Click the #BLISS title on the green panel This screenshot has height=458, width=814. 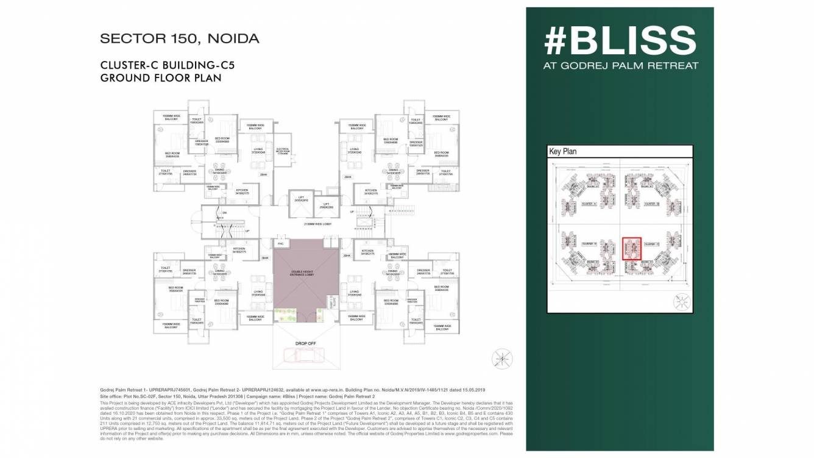[620, 41]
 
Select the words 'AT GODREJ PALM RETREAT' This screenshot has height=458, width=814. [620, 66]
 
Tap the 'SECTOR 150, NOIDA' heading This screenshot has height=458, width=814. [180, 39]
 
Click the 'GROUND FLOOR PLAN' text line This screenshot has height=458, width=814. [160, 78]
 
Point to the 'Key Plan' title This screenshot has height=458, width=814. [563, 151]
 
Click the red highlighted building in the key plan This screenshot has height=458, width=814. [632, 249]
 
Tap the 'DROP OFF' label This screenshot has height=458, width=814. [305, 343]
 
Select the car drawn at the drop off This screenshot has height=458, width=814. [305, 356]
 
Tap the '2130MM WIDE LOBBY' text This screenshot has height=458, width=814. [305, 224]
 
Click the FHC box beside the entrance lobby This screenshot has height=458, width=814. [281, 244]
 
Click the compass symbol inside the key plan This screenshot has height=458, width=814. [681, 299]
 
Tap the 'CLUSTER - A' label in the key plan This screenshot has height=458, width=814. [589, 204]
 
